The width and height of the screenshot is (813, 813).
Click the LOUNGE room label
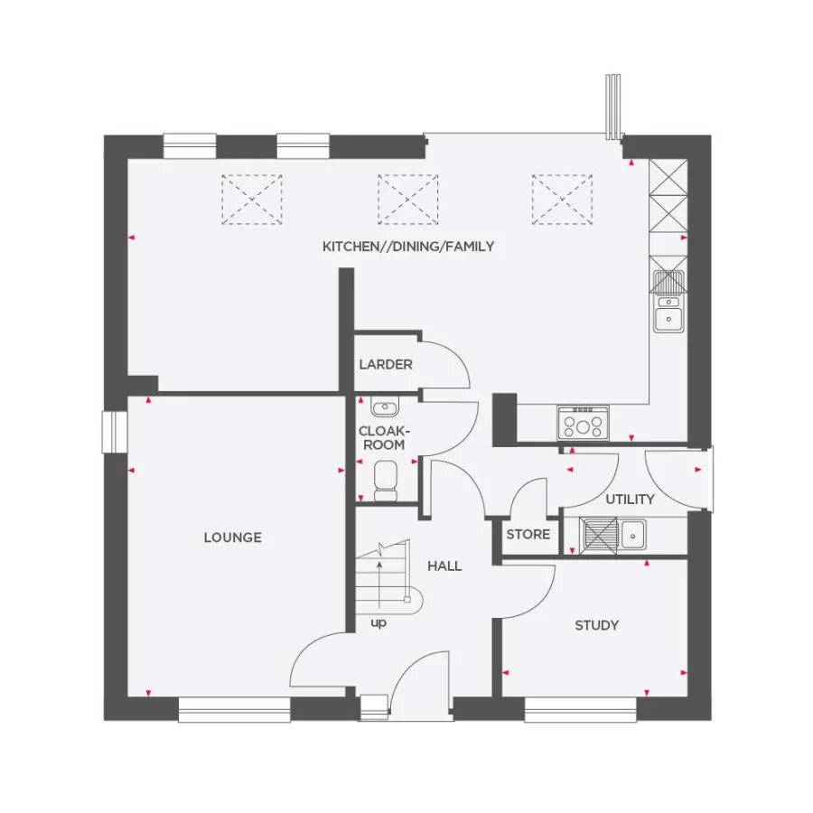(232, 537)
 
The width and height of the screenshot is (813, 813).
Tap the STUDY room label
(597, 625)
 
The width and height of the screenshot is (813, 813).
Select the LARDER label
(386, 365)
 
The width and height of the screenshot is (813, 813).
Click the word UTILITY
(630, 500)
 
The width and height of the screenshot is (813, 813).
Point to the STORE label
(528, 535)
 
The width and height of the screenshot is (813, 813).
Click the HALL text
(444, 566)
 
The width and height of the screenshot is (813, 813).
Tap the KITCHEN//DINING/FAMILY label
(408, 247)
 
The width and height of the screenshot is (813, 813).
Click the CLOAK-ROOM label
(382, 438)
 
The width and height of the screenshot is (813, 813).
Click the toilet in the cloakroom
(386, 480)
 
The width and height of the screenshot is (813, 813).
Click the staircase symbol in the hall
(383, 578)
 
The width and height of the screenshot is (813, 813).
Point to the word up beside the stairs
(378, 623)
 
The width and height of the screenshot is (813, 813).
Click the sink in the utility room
(633, 533)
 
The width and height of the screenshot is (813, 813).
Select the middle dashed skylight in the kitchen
(407, 200)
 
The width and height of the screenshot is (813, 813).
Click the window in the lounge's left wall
(115, 431)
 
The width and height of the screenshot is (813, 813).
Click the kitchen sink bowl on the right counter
(668, 317)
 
